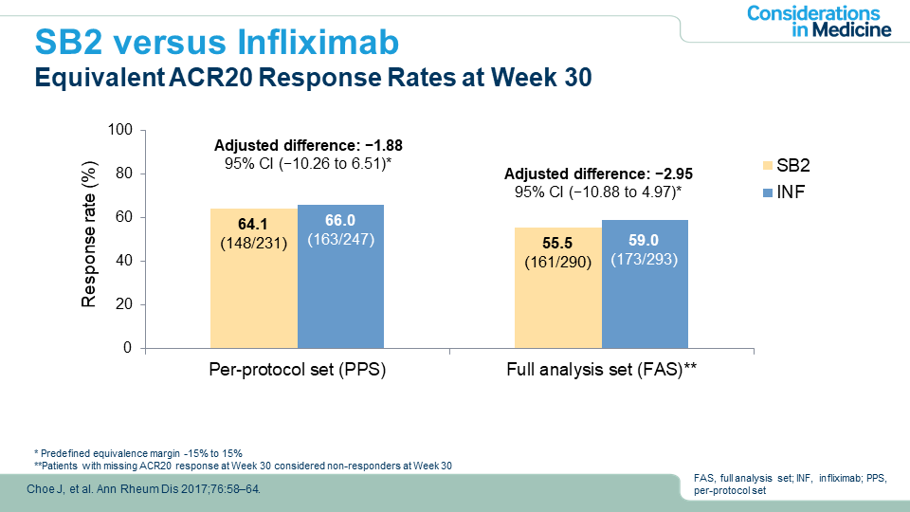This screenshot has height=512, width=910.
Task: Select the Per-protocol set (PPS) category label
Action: (297, 371)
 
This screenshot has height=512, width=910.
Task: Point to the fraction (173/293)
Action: (645, 259)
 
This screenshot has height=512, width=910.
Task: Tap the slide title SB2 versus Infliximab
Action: (216, 42)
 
